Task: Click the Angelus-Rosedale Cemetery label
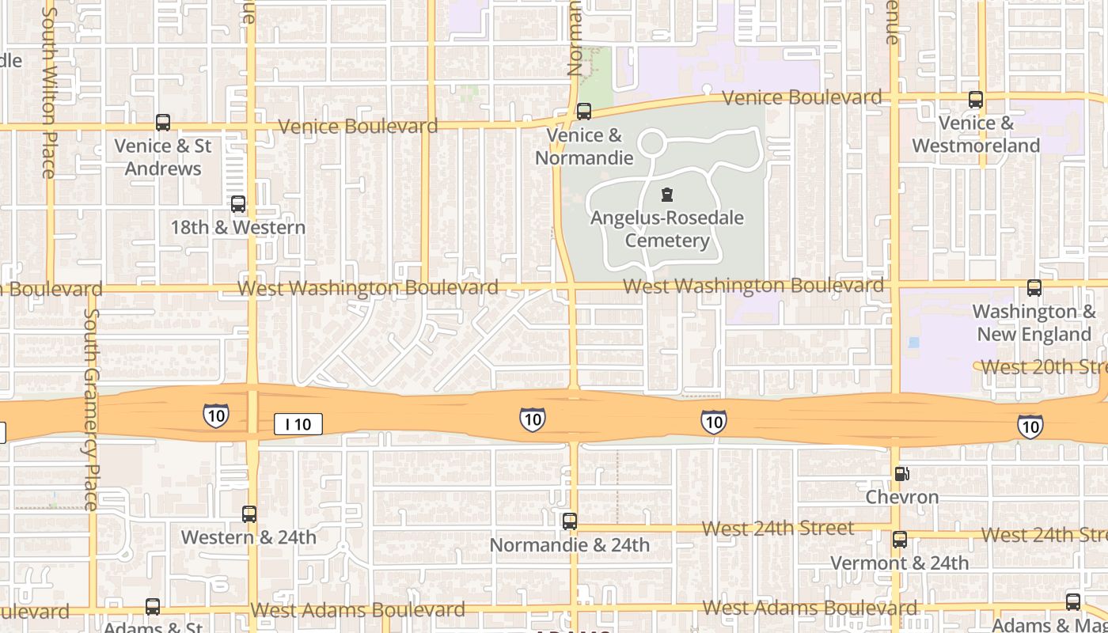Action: [667, 229]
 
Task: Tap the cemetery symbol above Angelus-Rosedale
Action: [667, 195]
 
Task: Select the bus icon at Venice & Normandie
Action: [584, 112]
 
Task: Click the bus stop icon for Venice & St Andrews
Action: [163, 123]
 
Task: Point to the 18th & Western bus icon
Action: [238, 204]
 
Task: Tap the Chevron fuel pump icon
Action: [901, 474]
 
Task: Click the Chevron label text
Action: [902, 497]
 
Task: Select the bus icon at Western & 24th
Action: [249, 514]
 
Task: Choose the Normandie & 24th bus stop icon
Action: [570, 521]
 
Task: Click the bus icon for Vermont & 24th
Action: [900, 540]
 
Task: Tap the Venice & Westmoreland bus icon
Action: [976, 100]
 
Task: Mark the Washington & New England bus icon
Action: [1034, 288]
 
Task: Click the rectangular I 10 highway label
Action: [298, 424]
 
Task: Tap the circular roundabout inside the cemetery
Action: [651, 144]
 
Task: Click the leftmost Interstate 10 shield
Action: [215, 415]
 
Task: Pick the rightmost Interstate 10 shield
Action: [1030, 426]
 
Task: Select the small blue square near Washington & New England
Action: [915, 343]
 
